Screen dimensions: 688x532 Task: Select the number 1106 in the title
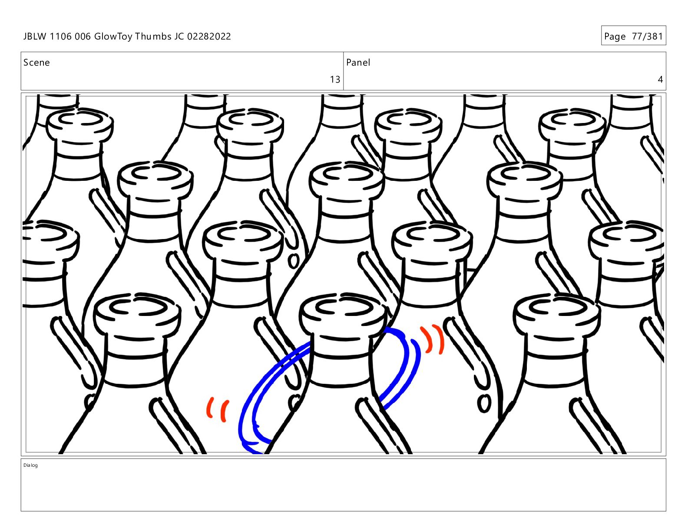(61, 37)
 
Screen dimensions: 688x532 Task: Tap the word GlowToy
(113, 37)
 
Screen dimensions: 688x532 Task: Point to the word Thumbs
(153, 37)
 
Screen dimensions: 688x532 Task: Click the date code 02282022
(209, 37)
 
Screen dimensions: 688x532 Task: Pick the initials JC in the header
(179, 37)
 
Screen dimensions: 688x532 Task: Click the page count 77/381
(647, 37)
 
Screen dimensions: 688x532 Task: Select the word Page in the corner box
(615, 37)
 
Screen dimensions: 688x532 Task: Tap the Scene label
(36, 63)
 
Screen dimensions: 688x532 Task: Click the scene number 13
(335, 79)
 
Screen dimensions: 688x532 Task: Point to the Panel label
(358, 63)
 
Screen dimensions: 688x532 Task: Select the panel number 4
(660, 79)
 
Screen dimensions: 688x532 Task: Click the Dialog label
(30, 465)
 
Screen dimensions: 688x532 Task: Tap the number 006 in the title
(83, 37)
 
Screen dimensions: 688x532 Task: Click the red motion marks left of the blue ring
(218, 410)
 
